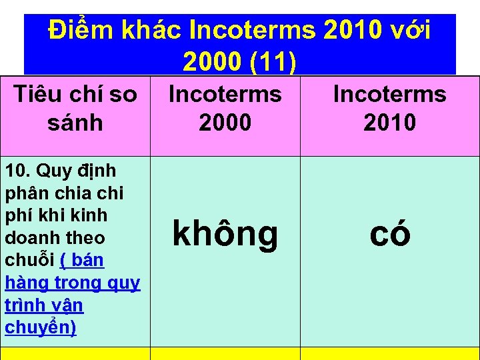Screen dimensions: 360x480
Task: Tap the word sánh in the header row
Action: coord(75,123)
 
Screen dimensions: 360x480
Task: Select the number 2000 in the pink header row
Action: coord(225,123)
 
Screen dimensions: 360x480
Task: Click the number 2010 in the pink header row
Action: coord(389,123)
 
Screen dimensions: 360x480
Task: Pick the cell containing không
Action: coord(225,234)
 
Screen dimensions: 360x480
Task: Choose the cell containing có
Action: coord(389,234)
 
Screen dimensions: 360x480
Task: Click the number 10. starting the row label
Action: coord(18,171)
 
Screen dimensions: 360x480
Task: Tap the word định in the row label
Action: coord(98,171)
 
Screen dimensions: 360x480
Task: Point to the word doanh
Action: coord(31,238)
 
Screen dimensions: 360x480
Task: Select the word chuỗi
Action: coord(30,261)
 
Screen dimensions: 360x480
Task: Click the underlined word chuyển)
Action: coord(40,327)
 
